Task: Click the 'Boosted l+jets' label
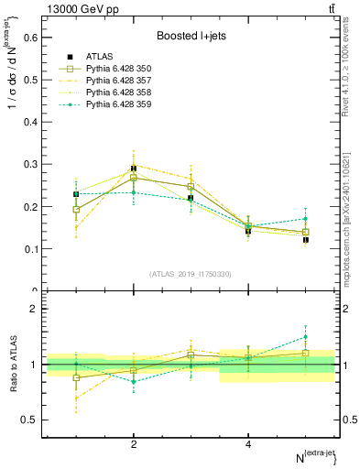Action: coord(190,36)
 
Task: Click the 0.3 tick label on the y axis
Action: coord(30,164)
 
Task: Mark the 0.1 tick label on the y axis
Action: coord(30,249)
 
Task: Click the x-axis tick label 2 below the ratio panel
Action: coord(134,444)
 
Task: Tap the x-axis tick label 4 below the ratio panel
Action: coord(248,444)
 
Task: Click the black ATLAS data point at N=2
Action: coord(134,169)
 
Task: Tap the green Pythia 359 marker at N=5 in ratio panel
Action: coord(306,336)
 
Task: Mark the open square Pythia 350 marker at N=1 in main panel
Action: coord(77,210)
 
